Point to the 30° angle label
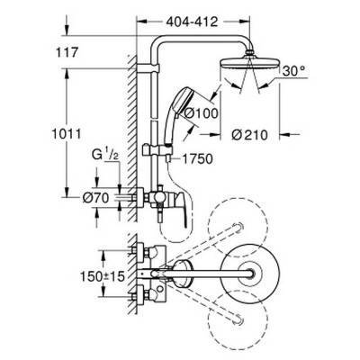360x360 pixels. [296, 68]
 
